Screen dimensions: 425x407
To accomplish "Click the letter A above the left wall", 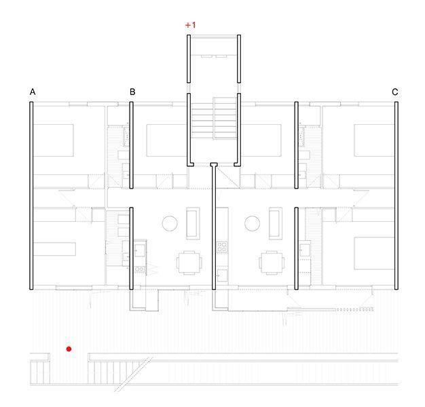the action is point(33,92).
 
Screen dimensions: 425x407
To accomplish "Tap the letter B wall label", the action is point(132,92).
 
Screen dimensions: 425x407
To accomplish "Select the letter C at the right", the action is point(395,92).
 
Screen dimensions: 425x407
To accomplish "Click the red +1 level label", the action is point(190,25).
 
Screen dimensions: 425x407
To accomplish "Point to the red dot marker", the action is point(69,349).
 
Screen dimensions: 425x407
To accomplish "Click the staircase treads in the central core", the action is point(214,118).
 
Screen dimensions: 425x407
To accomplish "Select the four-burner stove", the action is point(222,248).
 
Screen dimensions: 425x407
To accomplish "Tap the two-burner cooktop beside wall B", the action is point(140,269).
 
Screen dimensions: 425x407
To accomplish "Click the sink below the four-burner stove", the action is point(222,275).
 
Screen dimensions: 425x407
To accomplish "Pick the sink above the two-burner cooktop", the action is point(140,250).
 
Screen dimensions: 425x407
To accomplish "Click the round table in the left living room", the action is point(170,223).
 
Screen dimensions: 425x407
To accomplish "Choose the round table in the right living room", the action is point(253,223).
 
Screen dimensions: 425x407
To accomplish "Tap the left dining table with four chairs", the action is point(189,263).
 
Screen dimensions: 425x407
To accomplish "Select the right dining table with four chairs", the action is point(272,263).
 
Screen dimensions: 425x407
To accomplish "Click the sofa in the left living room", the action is point(193,223).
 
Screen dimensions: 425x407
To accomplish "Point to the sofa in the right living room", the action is point(276,223).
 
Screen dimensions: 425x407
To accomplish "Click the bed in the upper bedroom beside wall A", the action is point(54,140).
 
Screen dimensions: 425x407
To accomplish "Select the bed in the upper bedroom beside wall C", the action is point(374,140).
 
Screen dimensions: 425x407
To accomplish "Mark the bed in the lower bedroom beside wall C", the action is point(374,253).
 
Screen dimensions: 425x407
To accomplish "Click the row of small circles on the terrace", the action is point(354,309).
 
